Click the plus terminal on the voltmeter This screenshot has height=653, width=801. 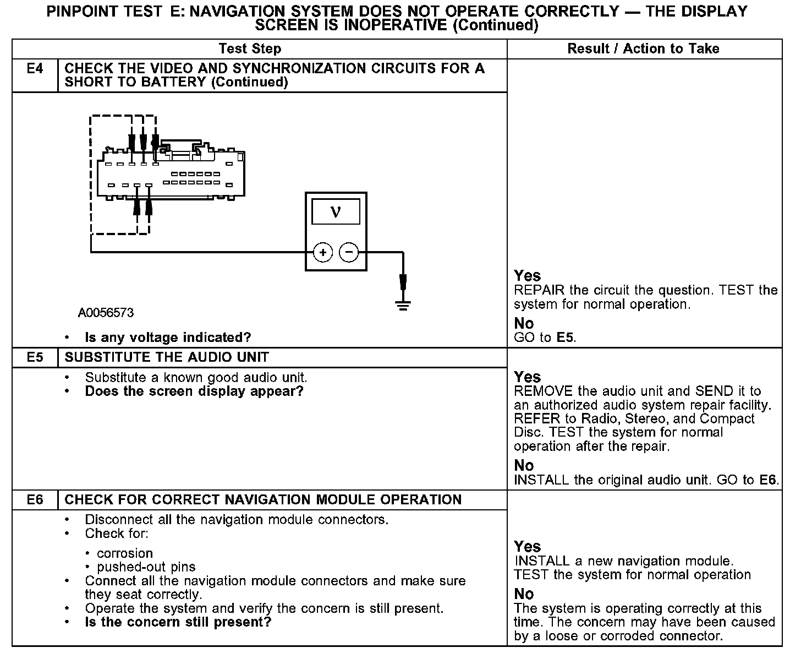coord(323,253)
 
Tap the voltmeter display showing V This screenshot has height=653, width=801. coord(336,212)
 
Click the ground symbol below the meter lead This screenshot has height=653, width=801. coord(403,304)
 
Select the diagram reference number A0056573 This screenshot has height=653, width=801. coord(106,313)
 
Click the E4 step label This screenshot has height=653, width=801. coord(35,69)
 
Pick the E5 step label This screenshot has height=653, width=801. coord(35,357)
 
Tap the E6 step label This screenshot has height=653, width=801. coord(35,500)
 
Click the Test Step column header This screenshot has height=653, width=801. coord(250,48)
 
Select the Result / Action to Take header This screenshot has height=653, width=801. coord(643,48)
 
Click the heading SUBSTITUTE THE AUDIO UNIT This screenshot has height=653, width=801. coord(167,357)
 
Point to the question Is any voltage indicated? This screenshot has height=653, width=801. coord(168,337)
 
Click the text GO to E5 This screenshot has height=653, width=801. coord(545,338)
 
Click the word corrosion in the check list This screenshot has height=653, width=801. coord(125,553)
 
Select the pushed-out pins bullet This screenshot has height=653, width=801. coord(146,567)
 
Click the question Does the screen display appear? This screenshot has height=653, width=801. coord(194,391)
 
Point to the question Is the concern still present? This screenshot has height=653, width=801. coord(178,622)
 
